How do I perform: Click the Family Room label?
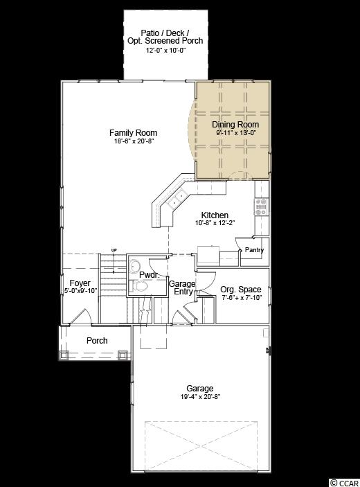click(x=133, y=132)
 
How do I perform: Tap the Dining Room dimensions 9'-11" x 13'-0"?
click(x=235, y=132)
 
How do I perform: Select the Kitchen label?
click(x=215, y=215)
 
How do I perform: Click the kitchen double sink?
click(x=177, y=200)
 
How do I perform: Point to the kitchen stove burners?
click(x=261, y=206)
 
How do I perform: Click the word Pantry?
click(x=254, y=249)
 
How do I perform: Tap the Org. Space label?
click(x=241, y=289)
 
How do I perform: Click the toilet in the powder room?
click(x=138, y=285)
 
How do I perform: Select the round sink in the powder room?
click(x=135, y=266)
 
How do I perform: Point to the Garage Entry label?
click(x=182, y=287)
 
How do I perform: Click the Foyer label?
click(x=80, y=283)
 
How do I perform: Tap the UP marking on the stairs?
click(x=114, y=250)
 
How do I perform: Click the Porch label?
click(x=97, y=340)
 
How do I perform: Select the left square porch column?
click(x=64, y=355)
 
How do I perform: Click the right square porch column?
click(x=123, y=355)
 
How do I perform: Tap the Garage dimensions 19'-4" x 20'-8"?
click(x=201, y=397)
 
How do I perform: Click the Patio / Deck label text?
click(x=165, y=33)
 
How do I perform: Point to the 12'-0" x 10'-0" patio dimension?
click(x=166, y=50)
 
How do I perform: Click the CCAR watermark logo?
click(x=345, y=483)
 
